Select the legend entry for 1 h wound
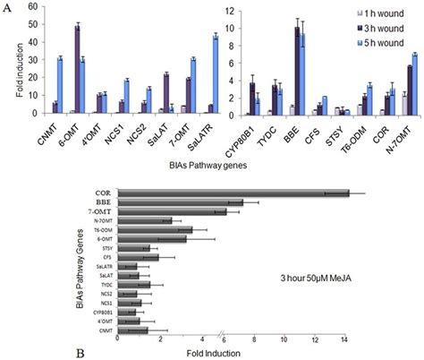[386, 14]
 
